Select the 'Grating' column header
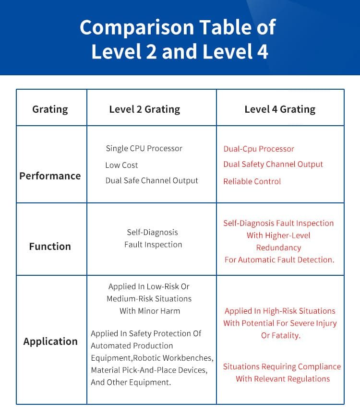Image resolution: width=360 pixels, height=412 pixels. (x=50, y=109)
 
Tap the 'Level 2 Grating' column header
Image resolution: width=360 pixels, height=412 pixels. (x=144, y=109)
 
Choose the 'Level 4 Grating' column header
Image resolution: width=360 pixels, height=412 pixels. (x=280, y=109)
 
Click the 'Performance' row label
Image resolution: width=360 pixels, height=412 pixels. (x=50, y=176)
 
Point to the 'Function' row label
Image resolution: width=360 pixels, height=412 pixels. (x=50, y=247)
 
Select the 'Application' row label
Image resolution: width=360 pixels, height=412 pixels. (x=50, y=341)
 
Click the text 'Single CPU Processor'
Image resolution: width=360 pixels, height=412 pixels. (x=144, y=149)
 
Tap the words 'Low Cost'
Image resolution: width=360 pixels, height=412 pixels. (x=121, y=165)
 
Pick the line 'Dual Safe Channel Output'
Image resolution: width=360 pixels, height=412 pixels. (x=152, y=181)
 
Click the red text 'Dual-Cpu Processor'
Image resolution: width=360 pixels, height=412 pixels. (x=259, y=149)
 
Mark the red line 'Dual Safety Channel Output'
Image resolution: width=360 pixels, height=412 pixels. (x=273, y=165)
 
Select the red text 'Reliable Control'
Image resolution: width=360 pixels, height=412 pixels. (x=252, y=182)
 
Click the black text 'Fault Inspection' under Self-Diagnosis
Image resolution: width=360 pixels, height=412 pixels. (x=153, y=245)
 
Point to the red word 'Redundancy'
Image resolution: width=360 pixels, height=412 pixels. (x=278, y=248)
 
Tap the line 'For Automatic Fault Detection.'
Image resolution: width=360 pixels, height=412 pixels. (x=279, y=260)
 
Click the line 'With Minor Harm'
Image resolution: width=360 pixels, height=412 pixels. (x=150, y=311)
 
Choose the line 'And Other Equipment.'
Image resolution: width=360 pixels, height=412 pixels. (x=131, y=383)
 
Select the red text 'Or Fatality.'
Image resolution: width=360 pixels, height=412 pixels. (x=281, y=336)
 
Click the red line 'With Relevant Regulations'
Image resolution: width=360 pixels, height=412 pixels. (x=283, y=379)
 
